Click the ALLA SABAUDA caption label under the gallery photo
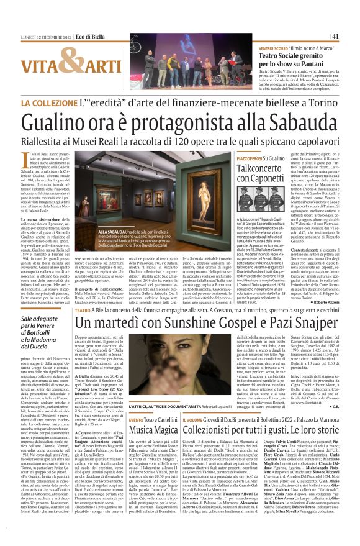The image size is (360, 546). pos(109,230)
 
